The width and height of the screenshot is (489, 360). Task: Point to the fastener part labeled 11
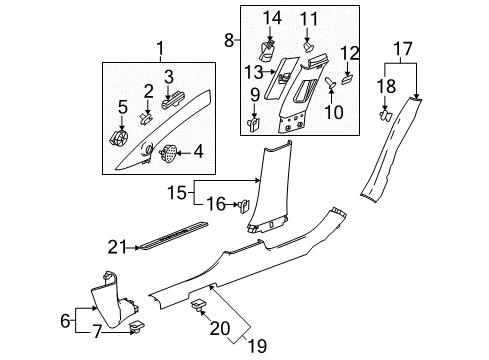pyautogui.click(x=310, y=45)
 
